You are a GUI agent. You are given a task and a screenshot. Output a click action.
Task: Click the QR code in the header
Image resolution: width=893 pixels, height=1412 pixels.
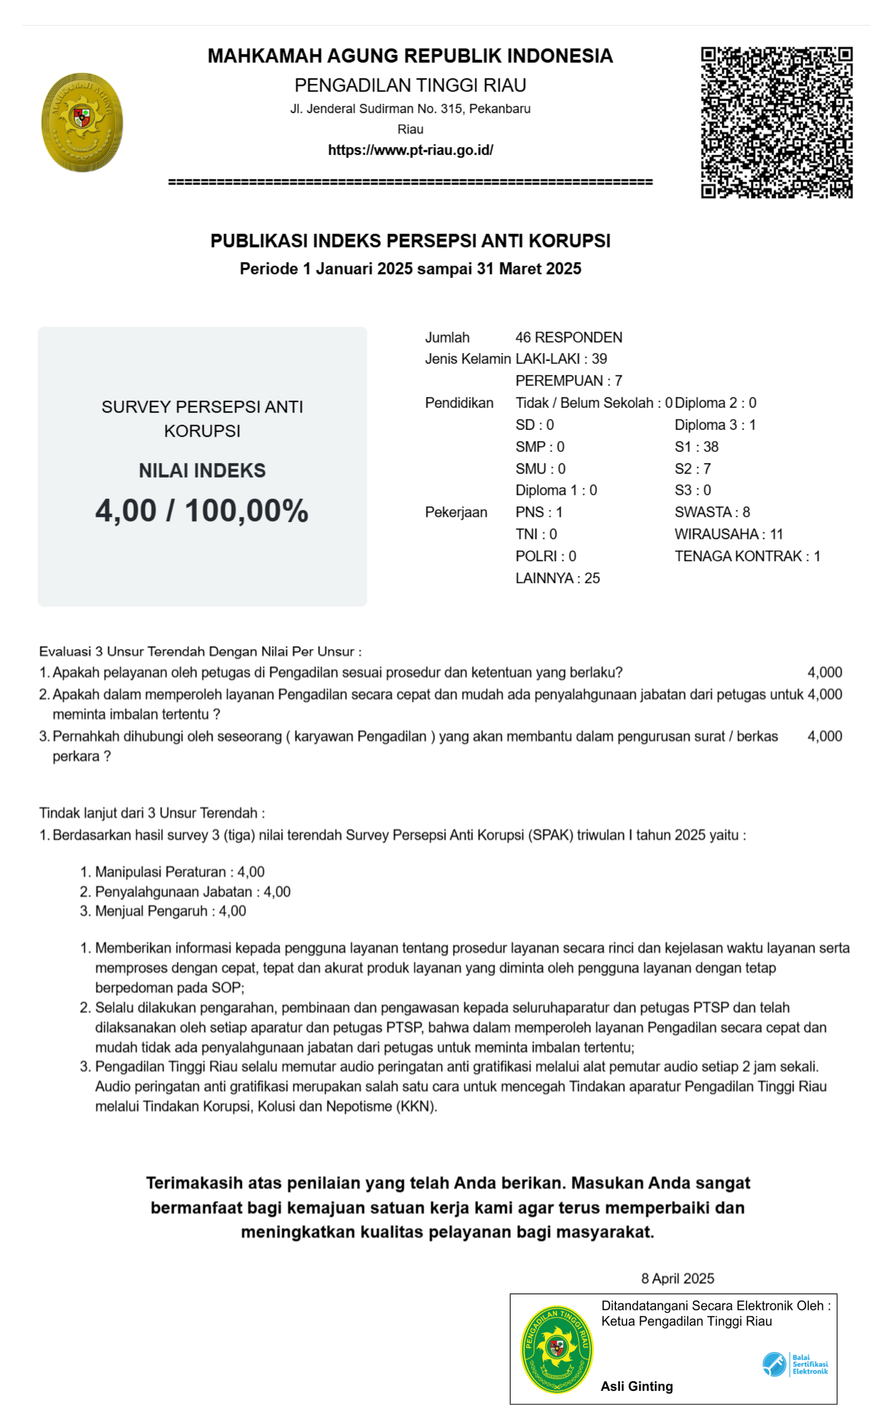click(776, 123)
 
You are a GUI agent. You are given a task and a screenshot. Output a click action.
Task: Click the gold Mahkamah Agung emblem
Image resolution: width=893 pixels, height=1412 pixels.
click(82, 122)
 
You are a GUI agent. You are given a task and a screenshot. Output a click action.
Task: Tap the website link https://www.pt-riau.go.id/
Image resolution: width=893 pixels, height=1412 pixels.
click(410, 150)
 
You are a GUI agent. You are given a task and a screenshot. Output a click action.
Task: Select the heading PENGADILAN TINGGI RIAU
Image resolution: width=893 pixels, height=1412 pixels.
click(410, 85)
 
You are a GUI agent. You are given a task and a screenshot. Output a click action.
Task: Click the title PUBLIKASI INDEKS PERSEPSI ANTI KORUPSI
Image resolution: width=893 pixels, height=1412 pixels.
click(410, 241)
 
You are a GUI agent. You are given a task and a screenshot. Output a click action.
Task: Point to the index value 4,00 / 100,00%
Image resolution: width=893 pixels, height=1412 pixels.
click(202, 510)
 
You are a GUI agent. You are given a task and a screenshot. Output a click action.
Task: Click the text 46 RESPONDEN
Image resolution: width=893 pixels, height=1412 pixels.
click(568, 338)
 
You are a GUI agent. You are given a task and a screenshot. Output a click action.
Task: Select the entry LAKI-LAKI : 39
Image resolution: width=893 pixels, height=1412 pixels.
click(561, 359)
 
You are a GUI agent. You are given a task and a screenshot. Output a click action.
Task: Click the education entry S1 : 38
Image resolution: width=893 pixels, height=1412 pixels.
click(696, 447)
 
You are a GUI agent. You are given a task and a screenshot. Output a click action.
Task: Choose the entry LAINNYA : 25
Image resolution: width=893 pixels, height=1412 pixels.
click(557, 578)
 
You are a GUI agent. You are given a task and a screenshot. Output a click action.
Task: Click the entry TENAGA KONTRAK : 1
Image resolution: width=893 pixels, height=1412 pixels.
click(747, 556)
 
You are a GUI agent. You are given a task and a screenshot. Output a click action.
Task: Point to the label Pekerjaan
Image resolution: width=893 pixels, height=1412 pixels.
click(456, 512)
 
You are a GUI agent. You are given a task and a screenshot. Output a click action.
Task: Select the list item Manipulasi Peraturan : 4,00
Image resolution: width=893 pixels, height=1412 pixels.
click(179, 872)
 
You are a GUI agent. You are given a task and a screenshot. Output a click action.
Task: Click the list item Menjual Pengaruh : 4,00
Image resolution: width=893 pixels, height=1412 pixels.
click(170, 911)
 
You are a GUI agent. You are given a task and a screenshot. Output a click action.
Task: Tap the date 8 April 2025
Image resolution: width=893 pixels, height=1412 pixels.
click(677, 1278)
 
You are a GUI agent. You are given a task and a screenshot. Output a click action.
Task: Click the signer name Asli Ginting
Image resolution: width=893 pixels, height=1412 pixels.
click(636, 1386)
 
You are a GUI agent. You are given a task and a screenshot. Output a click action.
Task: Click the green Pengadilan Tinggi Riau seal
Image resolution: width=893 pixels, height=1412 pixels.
click(556, 1349)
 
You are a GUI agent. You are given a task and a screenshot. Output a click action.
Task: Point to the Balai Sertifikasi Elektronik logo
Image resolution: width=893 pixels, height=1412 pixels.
click(795, 1364)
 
